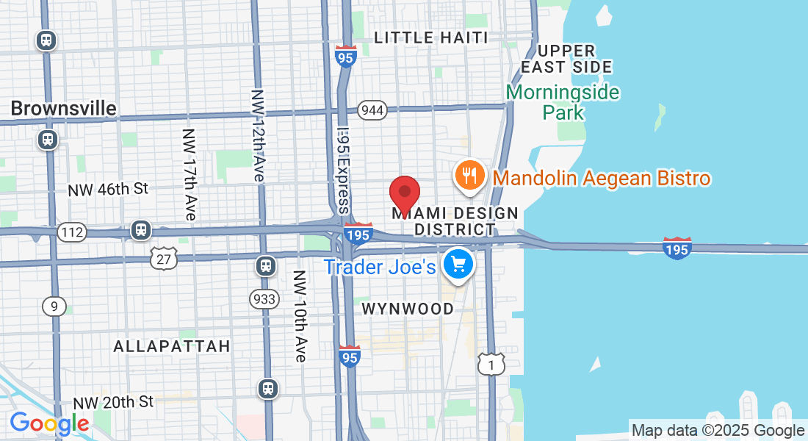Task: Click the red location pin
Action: [x=404, y=194]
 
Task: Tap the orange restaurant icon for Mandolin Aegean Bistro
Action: [x=468, y=176]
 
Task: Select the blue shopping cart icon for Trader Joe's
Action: [x=460, y=264]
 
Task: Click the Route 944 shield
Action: [x=372, y=110]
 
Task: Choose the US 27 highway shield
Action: [x=163, y=257]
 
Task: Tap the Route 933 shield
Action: [x=263, y=298]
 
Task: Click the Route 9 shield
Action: [x=54, y=306]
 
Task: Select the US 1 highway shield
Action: [x=491, y=363]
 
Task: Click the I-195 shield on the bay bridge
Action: [x=676, y=248]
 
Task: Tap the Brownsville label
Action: [x=63, y=109]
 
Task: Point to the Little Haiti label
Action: [x=430, y=37]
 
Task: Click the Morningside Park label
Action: [x=563, y=103]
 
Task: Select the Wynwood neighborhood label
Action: [x=408, y=309]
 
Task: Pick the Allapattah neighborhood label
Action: [x=172, y=345]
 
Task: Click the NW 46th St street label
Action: [x=108, y=189]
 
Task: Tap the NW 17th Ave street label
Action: [x=190, y=175]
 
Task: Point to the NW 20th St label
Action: [x=113, y=402]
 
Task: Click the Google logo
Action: [x=49, y=424]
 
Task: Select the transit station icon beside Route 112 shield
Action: [x=140, y=230]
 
